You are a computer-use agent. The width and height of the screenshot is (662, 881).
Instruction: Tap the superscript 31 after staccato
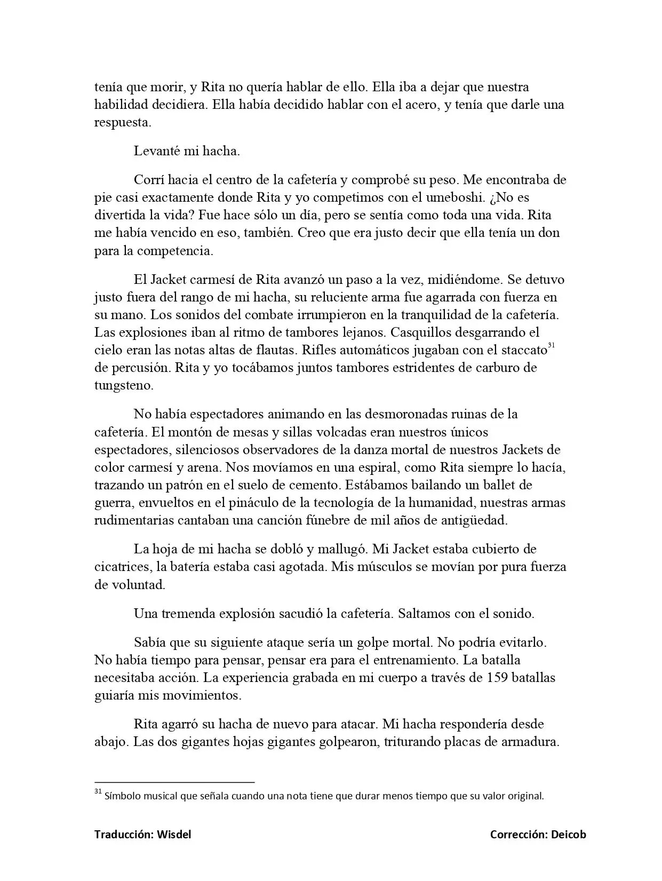552,345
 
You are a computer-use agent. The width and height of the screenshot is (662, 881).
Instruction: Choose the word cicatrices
118,567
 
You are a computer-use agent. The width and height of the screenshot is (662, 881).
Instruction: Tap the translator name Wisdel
174,835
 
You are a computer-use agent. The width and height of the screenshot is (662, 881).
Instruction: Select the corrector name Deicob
568,835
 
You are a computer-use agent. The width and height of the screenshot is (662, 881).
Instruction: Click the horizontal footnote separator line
174,782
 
